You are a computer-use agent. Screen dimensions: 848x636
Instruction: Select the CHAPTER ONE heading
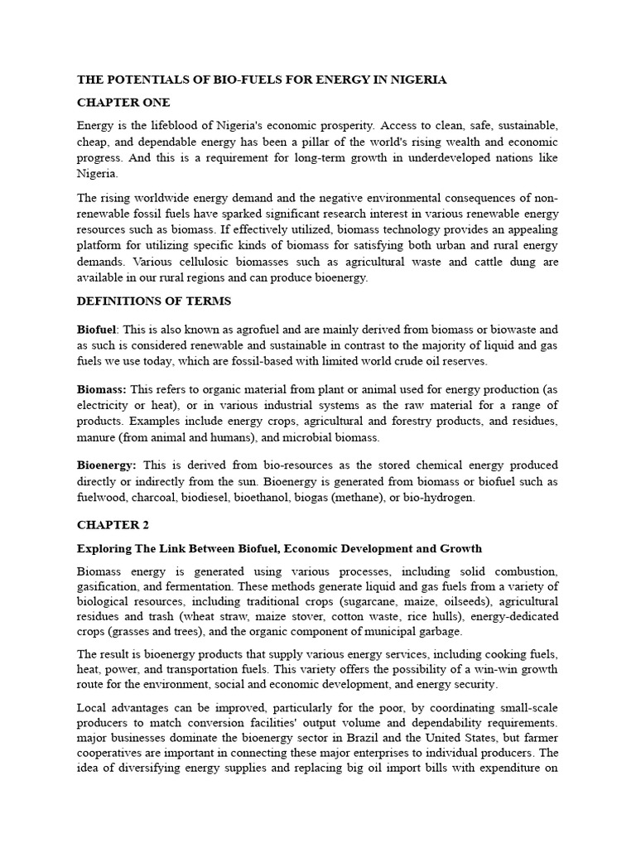click(x=123, y=103)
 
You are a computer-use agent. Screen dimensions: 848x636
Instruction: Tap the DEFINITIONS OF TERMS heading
click(x=154, y=301)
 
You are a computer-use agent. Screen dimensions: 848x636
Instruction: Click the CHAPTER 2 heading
click(x=114, y=525)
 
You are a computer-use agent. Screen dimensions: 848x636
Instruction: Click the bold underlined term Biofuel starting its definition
click(x=97, y=330)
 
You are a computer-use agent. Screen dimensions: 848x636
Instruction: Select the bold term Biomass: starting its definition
click(x=102, y=388)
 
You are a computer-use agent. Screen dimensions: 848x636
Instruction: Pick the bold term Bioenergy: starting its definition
click(x=107, y=465)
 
